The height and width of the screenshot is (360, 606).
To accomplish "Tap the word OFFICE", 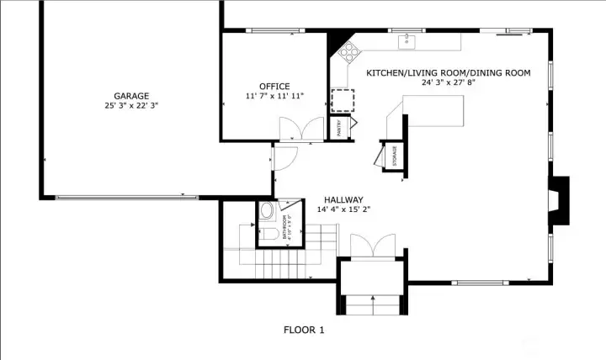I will pos(274,87).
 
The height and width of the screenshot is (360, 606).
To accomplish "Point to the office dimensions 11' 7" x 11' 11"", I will pos(274,97).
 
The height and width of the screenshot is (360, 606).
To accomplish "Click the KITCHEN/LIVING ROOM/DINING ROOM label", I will pos(448,73).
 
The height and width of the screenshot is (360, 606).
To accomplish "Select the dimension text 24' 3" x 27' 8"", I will pos(448,83).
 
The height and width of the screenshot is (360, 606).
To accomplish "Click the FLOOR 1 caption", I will pos(303,331).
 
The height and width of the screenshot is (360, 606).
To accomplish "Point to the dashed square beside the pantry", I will pos(343,100).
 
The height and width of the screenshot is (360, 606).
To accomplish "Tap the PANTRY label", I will pos(339,128).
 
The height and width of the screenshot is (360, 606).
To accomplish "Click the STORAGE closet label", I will pos(394,156).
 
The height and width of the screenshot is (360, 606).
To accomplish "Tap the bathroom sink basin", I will pos(266,211).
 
